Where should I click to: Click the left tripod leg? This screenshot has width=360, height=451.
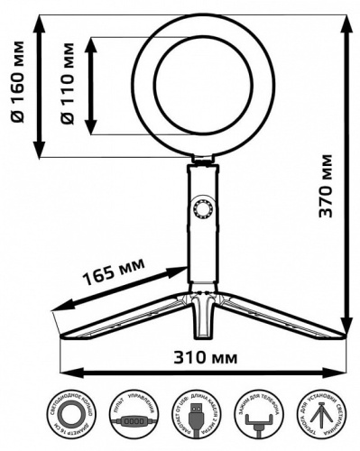click(117, 318)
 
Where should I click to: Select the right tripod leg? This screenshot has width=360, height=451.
click(280, 318)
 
